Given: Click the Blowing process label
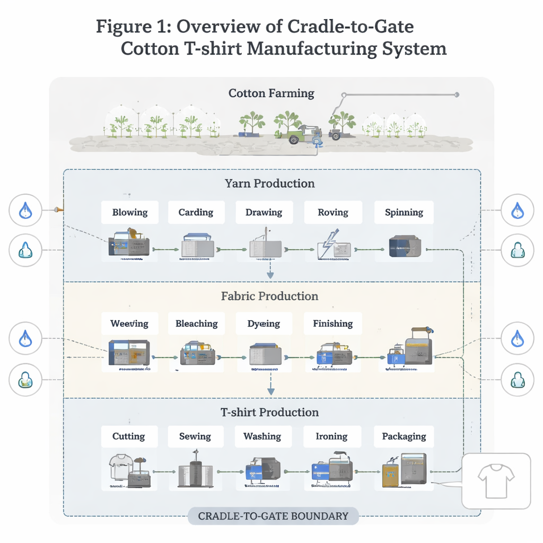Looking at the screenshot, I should click(130, 213).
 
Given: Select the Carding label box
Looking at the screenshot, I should click(196, 213).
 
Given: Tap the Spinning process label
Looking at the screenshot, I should click(404, 213).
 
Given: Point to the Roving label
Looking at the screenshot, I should click(333, 213).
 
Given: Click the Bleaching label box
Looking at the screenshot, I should click(196, 323).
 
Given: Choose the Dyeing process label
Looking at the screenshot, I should click(264, 323).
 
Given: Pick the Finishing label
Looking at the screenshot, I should click(333, 323).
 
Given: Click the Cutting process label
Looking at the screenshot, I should click(129, 436).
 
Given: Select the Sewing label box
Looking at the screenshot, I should click(195, 436).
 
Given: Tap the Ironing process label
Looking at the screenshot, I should click(332, 436).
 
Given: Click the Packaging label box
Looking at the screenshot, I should click(404, 436).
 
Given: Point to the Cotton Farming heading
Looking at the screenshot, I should click(271, 94).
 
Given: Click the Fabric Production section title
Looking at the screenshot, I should click(269, 296).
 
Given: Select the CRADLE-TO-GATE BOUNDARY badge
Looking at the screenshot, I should click(273, 516).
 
